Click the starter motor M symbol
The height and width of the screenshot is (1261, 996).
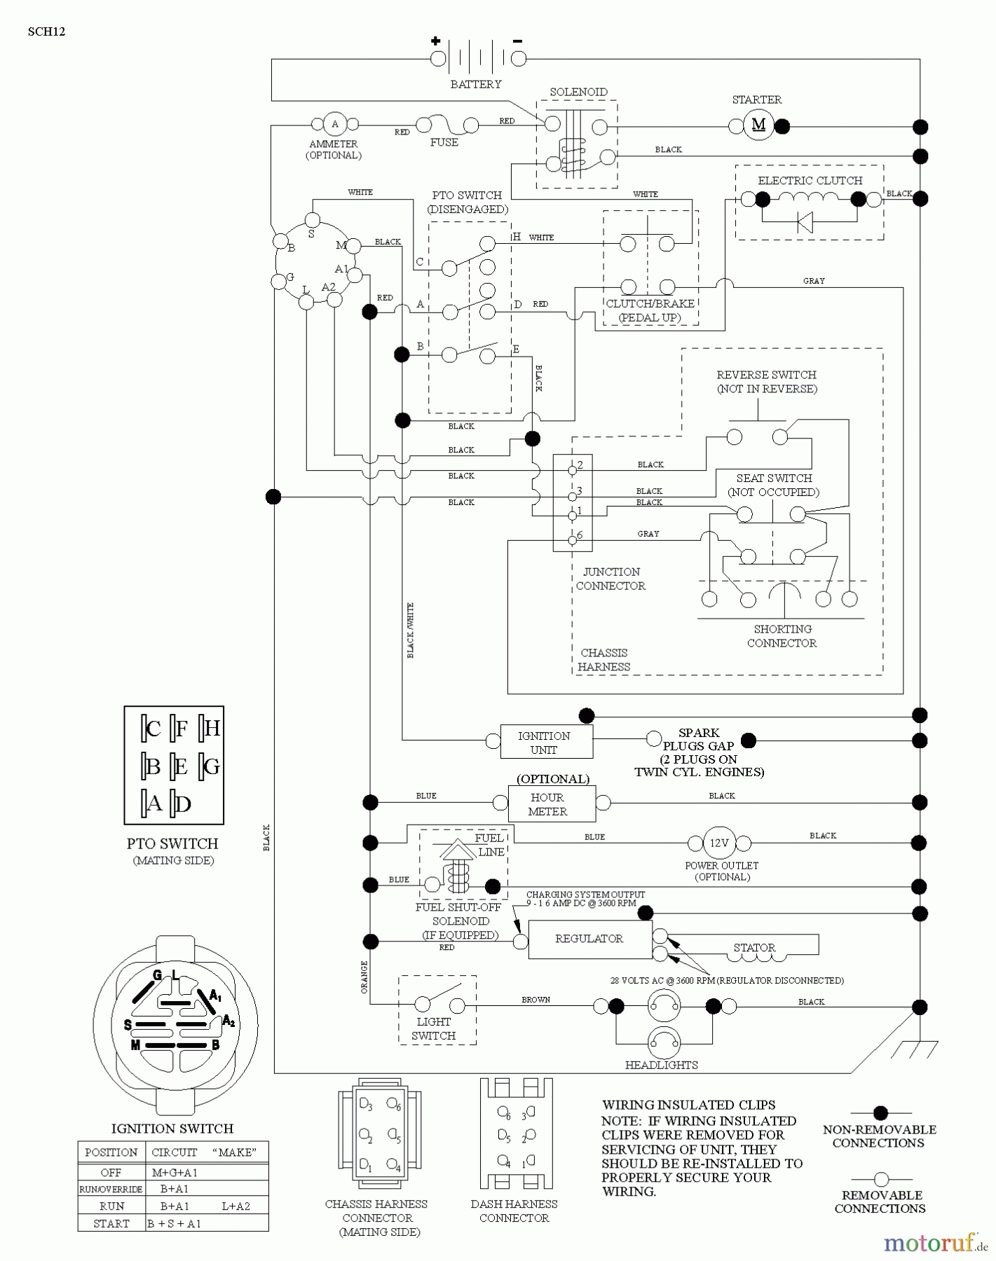pyautogui.click(x=758, y=125)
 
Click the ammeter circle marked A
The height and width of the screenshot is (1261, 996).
pyautogui.click(x=334, y=124)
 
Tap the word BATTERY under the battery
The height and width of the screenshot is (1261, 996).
pyautogui.click(x=475, y=84)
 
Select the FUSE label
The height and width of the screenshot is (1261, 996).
pyautogui.click(x=444, y=142)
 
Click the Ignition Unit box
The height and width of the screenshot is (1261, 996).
pyautogui.click(x=545, y=742)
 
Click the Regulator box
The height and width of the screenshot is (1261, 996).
pyautogui.click(x=589, y=939)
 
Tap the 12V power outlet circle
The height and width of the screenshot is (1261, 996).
pyautogui.click(x=720, y=843)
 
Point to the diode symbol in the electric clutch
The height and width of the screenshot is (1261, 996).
pyautogui.click(x=805, y=222)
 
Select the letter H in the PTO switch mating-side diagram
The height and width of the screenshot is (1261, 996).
pyautogui.click(x=212, y=729)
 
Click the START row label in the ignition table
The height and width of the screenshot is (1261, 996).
pyautogui.click(x=111, y=1223)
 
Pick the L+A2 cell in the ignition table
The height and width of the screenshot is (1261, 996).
pyautogui.click(x=236, y=1206)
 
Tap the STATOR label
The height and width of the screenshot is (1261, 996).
pyautogui.click(x=754, y=947)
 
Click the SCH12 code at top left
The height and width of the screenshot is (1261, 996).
pyautogui.click(x=46, y=32)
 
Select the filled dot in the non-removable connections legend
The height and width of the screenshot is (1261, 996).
pyautogui.click(x=880, y=1112)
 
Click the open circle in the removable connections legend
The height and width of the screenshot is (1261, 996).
pyautogui.click(x=881, y=1179)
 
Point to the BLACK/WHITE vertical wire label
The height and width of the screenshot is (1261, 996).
pyautogui.click(x=411, y=630)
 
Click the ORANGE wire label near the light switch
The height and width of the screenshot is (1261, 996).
pyautogui.click(x=364, y=977)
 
